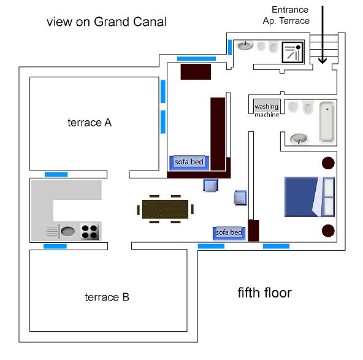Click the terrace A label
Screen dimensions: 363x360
(90, 123)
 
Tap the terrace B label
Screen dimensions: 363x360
(107, 297)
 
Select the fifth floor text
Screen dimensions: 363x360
(265, 293)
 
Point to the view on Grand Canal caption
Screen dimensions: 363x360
(107, 22)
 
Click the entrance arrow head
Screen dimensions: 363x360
(323, 61)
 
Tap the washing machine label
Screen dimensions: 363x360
(267, 110)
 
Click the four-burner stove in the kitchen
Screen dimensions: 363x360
(90, 231)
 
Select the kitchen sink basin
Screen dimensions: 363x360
(68, 231)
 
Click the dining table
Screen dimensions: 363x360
(166, 209)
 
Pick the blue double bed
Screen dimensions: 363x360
(310, 197)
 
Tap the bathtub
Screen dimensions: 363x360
(327, 122)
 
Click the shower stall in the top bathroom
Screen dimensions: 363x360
(292, 52)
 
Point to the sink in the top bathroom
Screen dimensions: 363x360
(245, 45)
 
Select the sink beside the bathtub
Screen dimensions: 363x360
(299, 139)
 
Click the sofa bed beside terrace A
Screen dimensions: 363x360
(189, 163)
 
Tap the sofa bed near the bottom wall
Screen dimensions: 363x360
(229, 233)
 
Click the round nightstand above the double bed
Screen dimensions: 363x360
(328, 163)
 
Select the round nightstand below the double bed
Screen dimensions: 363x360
(328, 231)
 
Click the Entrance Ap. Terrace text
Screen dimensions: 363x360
(286, 15)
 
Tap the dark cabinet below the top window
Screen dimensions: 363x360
(196, 72)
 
